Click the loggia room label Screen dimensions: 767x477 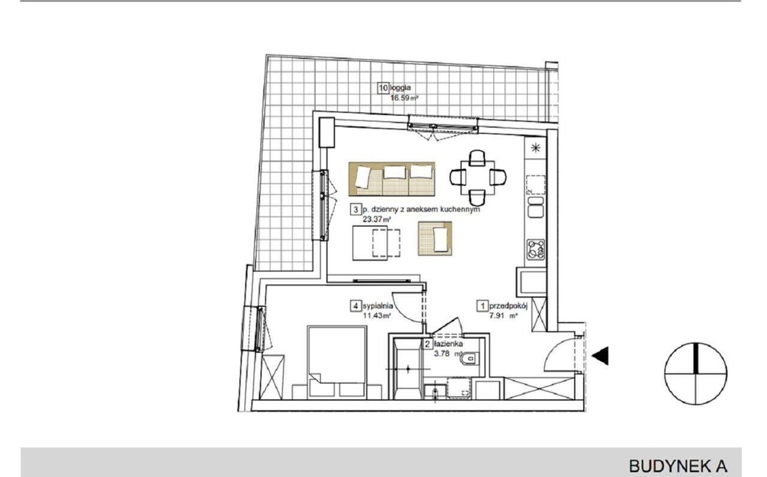click(x=400, y=88)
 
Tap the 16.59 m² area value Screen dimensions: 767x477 click(x=404, y=98)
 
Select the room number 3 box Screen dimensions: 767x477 click(x=356, y=209)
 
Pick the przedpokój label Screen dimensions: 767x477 click(x=509, y=306)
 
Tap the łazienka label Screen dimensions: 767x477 click(x=449, y=344)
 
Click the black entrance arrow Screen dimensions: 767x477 click(x=600, y=356)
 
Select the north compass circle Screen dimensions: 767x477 click(x=696, y=373)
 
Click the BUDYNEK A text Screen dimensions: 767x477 click(x=678, y=466)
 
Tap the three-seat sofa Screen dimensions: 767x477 click(x=392, y=179)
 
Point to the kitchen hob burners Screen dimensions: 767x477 click(x=536, y=250)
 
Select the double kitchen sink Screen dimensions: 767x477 click(x=536, y=207)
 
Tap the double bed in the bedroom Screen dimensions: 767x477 click(x=337, y=362)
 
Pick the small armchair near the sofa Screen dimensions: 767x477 click(x=435, y=239)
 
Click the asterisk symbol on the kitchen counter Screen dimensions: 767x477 click(x=536, y=148)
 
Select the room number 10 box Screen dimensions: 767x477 click(x=383, y=88)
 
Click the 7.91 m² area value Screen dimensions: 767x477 click(x=503, y=316)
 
